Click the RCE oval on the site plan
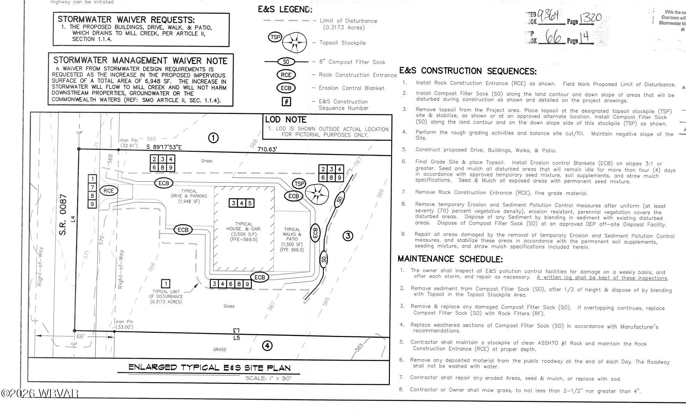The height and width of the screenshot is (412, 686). pyautogui.click(x=109, y=190)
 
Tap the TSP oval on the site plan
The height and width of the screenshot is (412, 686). pyautogui.click(x=299, y=183)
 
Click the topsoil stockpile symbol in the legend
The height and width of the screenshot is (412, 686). pyautogui.click(x=294, y=43)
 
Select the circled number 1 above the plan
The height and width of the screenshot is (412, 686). pyautogui.click(x=213, y=138)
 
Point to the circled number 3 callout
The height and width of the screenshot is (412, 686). pyautogui.click(x=348, y=236)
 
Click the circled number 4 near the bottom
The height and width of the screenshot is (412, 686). pyautogui.click(x=267, y=346)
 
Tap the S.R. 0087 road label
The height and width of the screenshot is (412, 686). pyautogui.click(x=63, y=215)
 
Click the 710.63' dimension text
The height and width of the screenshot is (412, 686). pyautogui.click(x=267, y=149)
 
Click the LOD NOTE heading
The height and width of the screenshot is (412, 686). pyautogui.click(x=286, y=120)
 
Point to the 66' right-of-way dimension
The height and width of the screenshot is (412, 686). pyautogui.click(x=80, y=336)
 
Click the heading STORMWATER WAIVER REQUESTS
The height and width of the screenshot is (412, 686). pyautogui.click(x=126, y=20)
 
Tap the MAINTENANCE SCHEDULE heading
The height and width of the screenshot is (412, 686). pyautogui.click(x=450, y=259)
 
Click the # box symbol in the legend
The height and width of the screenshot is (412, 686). pyautogui.click(x=286, y=101)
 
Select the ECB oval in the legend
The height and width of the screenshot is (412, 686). pyautogui.click(x=286, y=88)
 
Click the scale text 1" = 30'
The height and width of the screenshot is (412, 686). pyautogui.click(x=268, y=378)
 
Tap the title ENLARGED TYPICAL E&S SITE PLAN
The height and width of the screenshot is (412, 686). pyautogui.click(x=209, y=367)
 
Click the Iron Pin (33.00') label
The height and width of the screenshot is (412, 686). pyautogui.click(x=124, y=324)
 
